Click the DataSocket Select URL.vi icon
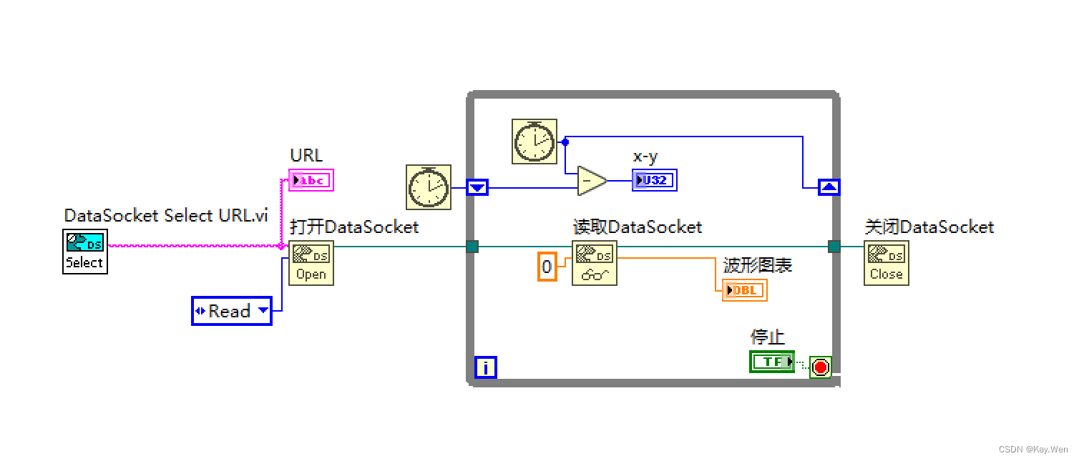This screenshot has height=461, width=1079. pos(84,252)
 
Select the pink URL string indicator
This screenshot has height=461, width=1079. pos(311,180)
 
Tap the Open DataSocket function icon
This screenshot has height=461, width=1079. pos(311,263)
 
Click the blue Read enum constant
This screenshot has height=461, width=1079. pos(232,311)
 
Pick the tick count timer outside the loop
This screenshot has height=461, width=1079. pos(429,187)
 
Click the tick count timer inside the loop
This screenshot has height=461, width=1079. pos(534,142)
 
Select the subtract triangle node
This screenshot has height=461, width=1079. pos(592,181)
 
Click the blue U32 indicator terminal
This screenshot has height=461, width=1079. pos(654,180)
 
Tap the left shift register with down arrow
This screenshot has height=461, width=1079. pos(477,188)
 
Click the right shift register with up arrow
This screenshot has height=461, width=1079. pos(829,187)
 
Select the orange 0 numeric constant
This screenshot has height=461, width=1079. pos(547,267)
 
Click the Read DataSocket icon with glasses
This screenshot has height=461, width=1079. pos(595,263)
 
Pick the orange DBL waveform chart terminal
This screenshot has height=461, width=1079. pos(744,290)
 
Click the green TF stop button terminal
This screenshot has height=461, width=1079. pos(772,362)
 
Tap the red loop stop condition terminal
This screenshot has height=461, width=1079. pos(821,367)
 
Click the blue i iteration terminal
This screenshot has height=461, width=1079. pos(485,367)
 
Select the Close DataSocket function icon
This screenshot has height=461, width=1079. pos(886,263)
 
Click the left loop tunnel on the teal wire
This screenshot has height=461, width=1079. pos(472,247)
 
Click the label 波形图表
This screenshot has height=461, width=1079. pos(758,265)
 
